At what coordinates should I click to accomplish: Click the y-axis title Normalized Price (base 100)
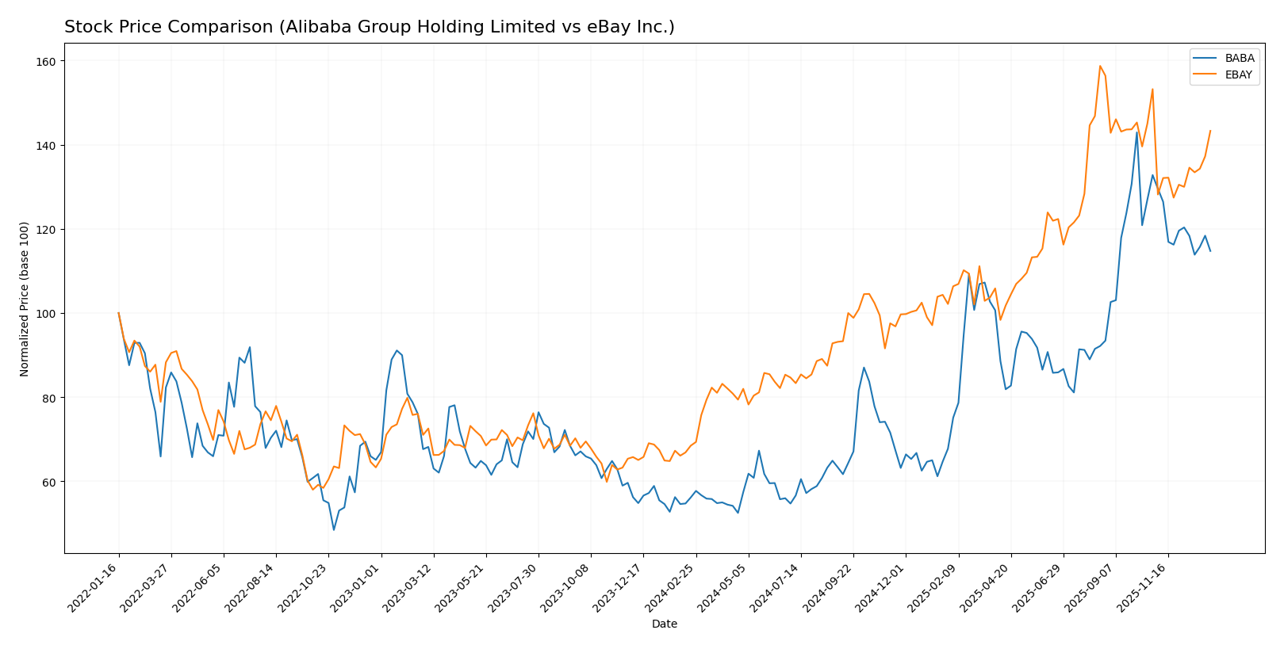click(25, 299)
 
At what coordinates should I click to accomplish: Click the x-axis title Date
click(664, 624)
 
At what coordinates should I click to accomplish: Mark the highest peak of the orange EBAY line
click(1100, 66)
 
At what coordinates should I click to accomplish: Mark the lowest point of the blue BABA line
click(334, 530)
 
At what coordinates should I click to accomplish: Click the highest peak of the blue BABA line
click(1136, 132)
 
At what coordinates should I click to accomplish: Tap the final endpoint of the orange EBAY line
click(1210, 131)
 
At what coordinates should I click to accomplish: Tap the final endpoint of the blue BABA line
click(1210, 251)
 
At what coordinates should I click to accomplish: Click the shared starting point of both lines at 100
click(119, 313)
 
